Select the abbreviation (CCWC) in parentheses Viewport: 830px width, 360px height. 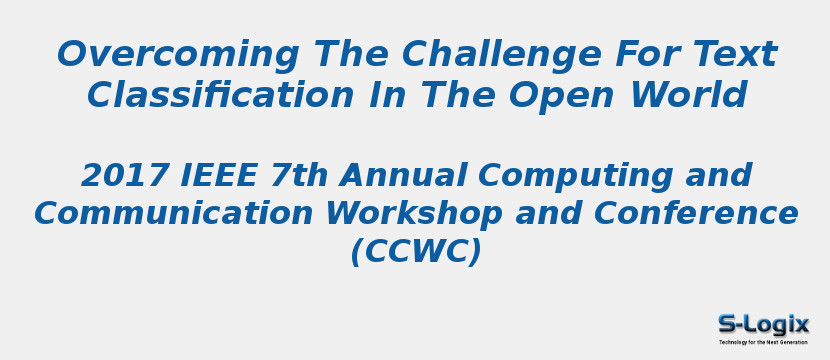click(415, 252)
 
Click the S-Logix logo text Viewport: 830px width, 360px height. click(763, 324)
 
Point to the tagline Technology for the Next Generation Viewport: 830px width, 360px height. click(763, 342)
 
